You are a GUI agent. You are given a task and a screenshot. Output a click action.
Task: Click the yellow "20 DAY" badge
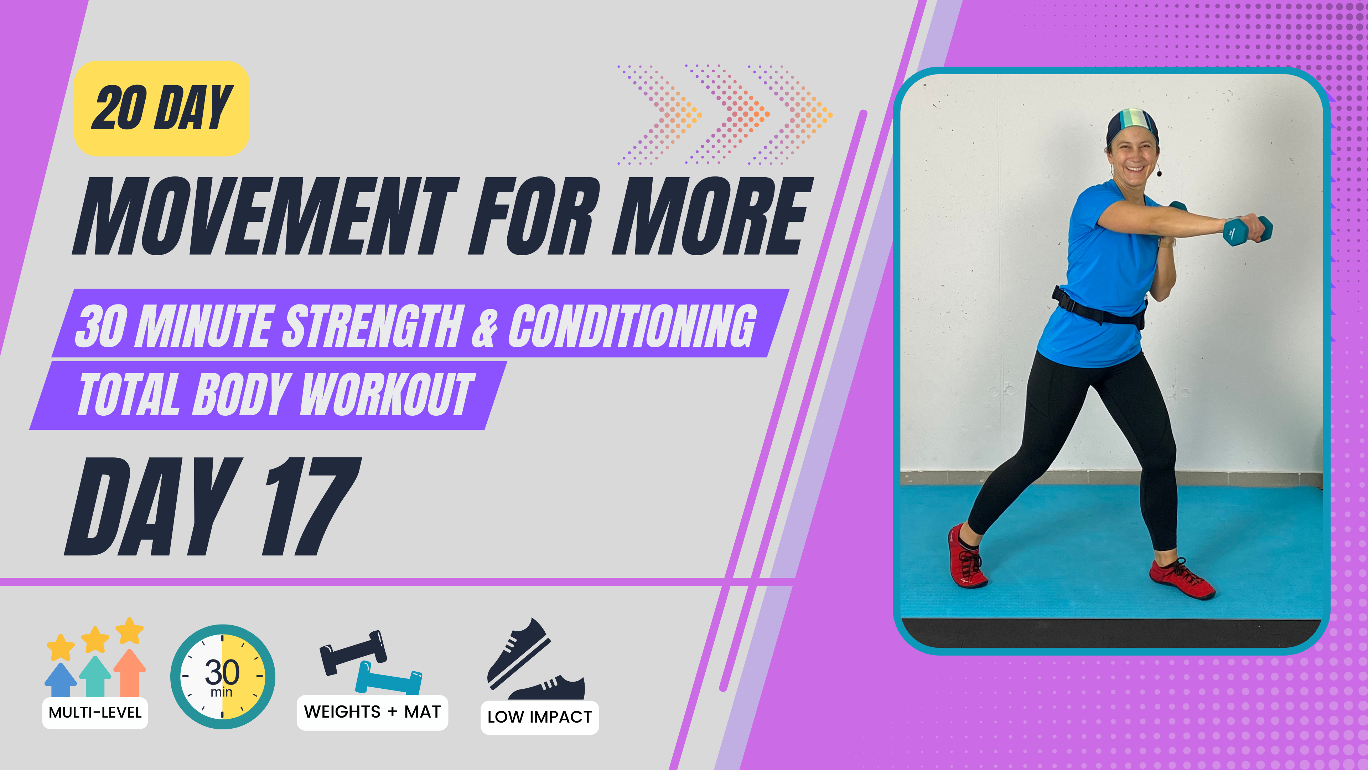(x=161, y=108)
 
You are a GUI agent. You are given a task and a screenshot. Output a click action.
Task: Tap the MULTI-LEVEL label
(x=95, y=712)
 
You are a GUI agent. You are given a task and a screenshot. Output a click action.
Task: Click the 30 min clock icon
(x=223, y=677)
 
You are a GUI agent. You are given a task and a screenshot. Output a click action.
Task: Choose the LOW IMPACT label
(x=540, y=717)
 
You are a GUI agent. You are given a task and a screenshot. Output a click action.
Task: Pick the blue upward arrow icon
(x=61, y=680)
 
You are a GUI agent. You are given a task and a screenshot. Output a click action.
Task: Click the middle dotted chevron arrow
(x=727, y=114)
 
